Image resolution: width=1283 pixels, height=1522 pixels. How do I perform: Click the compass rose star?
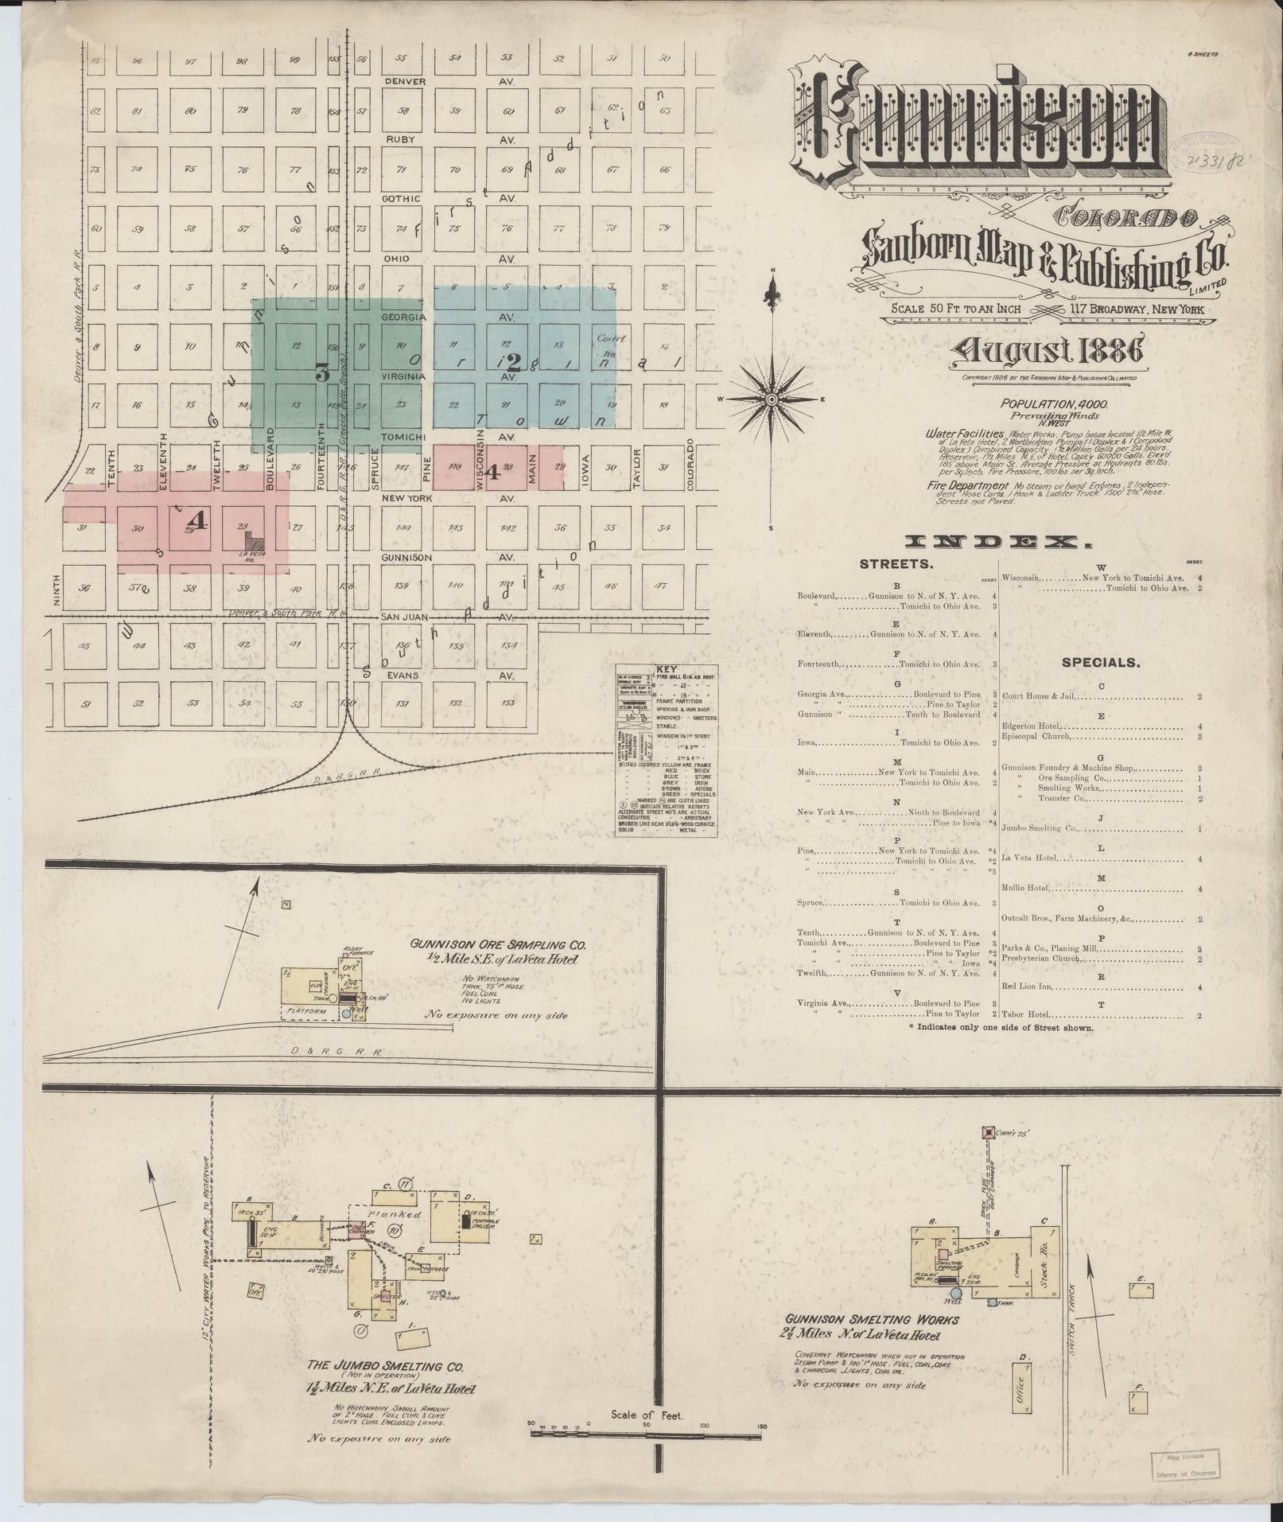coord(772,398)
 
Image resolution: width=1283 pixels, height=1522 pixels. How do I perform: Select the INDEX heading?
coord(998,542)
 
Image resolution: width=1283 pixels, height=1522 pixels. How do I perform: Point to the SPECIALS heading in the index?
coord(1101,661)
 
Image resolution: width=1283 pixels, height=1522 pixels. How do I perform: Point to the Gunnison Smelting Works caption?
coord(870,1320)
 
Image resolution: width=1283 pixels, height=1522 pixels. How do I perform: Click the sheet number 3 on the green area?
coord(322,373)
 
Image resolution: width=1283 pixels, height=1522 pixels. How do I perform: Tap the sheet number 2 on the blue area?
coord(514,362)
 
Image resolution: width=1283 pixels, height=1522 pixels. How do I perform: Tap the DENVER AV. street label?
coord(406,81)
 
